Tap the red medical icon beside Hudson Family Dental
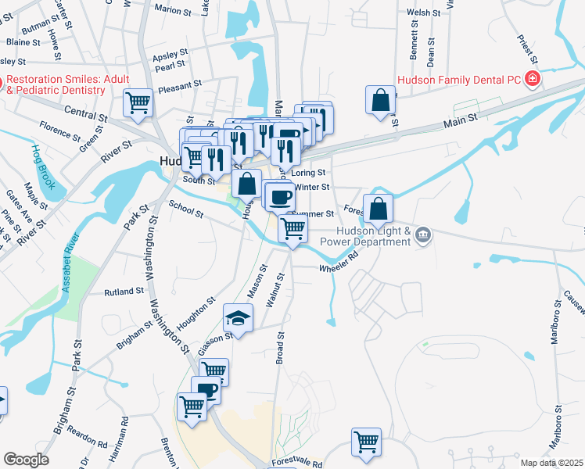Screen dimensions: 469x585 click(533, 78)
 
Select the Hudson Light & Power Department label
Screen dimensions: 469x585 click(374, 236)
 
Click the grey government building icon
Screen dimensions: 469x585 click(423, 234)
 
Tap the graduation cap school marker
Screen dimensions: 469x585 click(239, 317)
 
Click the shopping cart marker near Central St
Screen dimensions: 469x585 click(138, 102)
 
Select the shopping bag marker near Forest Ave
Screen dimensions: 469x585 click(378, 209)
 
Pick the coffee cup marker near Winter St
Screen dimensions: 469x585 click(280, 196)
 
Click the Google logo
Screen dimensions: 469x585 click(26, 459)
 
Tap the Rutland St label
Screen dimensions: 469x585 click(124, 291)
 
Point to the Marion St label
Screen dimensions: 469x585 click(173, 9)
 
